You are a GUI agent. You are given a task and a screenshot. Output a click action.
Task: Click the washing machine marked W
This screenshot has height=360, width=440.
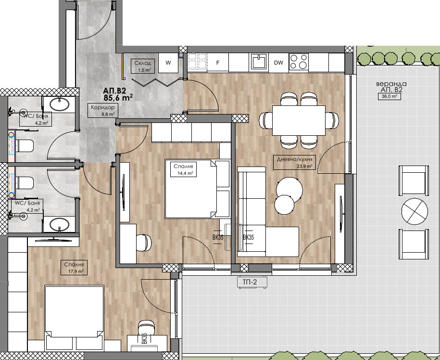pyautogui.click(x=168, y=63)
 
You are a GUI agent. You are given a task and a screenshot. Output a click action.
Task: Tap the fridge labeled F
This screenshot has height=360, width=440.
pyautogui.click(x=218, y=63)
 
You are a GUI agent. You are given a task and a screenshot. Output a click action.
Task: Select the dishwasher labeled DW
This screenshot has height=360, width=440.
pyautogui.click(x=278, y=63)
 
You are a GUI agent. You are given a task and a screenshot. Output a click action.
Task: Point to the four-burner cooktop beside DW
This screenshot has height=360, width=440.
pyautogui.click(x=299, y=62)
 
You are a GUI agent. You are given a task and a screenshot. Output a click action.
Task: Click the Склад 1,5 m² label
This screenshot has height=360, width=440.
pyautogui.click(x=142, y=66)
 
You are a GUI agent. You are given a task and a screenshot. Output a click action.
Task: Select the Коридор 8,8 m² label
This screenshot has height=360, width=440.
pyautogui.click(x=103, y=110)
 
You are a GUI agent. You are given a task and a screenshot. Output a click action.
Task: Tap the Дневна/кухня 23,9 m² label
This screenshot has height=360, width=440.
pyautogui.click(x=294, y=162)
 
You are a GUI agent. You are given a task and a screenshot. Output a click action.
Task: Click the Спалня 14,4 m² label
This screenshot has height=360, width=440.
pyautogui.click(x=183, y=169)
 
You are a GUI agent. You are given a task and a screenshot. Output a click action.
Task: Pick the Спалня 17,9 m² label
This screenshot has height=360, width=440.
pyautogui.click(x=74, y=267)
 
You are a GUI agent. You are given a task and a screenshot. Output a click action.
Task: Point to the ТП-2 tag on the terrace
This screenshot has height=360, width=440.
pyautogui.click(x=251, y=282)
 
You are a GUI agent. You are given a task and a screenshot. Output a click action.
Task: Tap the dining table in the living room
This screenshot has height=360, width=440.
pyautogui.click(x=299, y=120)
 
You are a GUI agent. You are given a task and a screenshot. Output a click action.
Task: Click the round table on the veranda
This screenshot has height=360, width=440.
pyautogui.click(x=415, y=212)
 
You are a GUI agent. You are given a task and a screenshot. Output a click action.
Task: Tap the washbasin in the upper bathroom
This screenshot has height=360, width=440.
pyautogui.click(x=59, y=104)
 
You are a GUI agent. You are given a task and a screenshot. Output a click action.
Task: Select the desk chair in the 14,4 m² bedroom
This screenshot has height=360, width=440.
pyautogui.click(x=144, y=243)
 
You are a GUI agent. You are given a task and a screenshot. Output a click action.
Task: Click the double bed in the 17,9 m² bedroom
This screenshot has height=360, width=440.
pyautogui.click(x=75, y=319)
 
